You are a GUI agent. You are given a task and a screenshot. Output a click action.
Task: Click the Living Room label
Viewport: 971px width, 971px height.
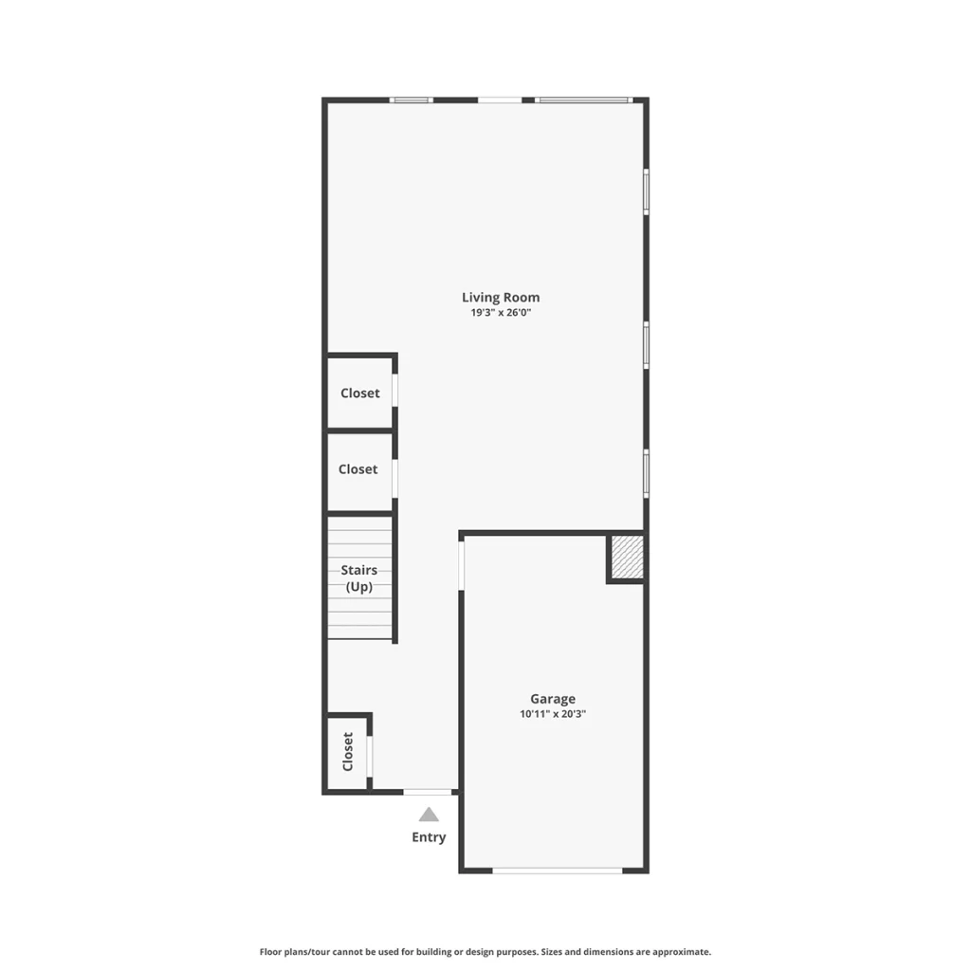(x=501, y=297)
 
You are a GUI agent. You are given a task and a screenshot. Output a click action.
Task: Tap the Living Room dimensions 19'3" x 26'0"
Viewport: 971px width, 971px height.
(x=501, y=313)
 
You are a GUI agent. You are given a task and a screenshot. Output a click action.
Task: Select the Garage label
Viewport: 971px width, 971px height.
(x=553, y=699)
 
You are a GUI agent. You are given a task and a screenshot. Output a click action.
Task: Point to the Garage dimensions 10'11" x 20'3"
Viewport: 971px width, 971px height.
(x=553, y=714)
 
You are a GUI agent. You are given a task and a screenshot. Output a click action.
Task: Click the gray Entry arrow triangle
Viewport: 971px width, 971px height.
(x=429, y=815)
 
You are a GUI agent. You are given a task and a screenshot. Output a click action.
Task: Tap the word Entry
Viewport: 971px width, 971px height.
(x=429, y=837)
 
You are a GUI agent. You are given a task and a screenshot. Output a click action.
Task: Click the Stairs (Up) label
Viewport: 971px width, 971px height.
(x=359, y=578)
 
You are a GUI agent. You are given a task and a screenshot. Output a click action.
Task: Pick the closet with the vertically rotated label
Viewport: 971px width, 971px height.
(x=347, y=752)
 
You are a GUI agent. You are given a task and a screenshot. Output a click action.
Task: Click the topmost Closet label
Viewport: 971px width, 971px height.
(x=359, y=394)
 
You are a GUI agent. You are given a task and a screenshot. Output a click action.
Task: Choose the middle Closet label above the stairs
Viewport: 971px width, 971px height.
(x=357, y=469)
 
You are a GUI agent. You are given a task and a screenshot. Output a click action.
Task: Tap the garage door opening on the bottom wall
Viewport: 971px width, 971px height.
(x=558, y=870)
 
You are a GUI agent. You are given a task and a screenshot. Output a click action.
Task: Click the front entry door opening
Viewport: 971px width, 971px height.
(x=428, y=792)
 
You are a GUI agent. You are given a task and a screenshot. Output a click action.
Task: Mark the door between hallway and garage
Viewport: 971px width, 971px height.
(x=461, y=565)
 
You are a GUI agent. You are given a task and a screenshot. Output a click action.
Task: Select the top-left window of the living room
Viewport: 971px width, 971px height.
(x=412, y=100)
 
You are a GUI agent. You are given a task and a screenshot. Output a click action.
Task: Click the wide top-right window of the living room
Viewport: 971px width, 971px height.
(x=584, y=100)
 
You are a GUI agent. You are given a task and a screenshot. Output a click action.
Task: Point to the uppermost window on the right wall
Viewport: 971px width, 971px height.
(x=646, y=192)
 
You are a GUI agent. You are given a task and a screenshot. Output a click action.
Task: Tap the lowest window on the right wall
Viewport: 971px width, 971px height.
(x=646, y=474)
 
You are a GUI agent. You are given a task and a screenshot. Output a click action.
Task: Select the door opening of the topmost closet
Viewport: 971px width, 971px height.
(x=395, y=390)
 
